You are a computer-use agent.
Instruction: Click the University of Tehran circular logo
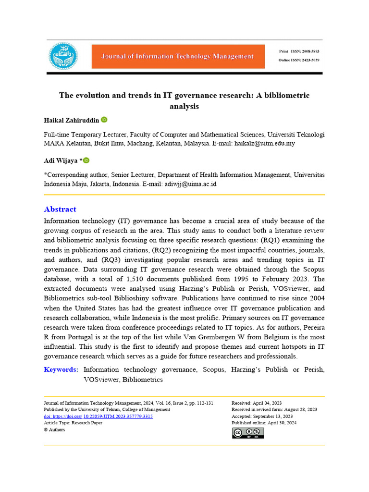coord(63,56)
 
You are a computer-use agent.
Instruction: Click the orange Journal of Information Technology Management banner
coord(178,57)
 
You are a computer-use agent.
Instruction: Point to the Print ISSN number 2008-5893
coord(309,51)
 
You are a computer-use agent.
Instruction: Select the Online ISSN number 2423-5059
coord(310,60)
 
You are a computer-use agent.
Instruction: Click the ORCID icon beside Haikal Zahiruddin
coord(104,120)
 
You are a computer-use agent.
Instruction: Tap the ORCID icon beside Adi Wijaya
coord(86,160)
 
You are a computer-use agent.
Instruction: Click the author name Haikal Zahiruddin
coord(71,120)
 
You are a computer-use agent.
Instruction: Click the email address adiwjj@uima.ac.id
coord(190,184)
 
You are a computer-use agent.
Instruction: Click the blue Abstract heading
coord(60,209)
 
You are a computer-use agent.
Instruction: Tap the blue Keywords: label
coord(61,369)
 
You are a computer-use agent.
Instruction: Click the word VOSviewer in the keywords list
coord(101,379)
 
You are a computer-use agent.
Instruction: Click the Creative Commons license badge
coord(248,433)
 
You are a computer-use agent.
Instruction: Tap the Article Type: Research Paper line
coord(73,423)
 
